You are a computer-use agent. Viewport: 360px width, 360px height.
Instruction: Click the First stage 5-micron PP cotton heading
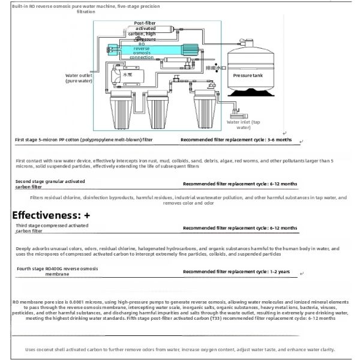point(84,139)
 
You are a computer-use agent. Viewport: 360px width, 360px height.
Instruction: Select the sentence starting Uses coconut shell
point(180,349)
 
